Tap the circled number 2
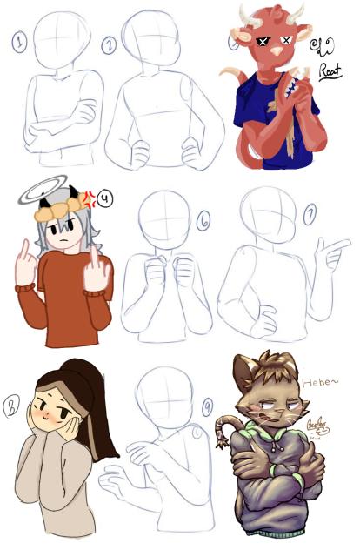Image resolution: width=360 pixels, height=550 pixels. [x=109, y=45]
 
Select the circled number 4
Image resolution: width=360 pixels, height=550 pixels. [x=105, y=198]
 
